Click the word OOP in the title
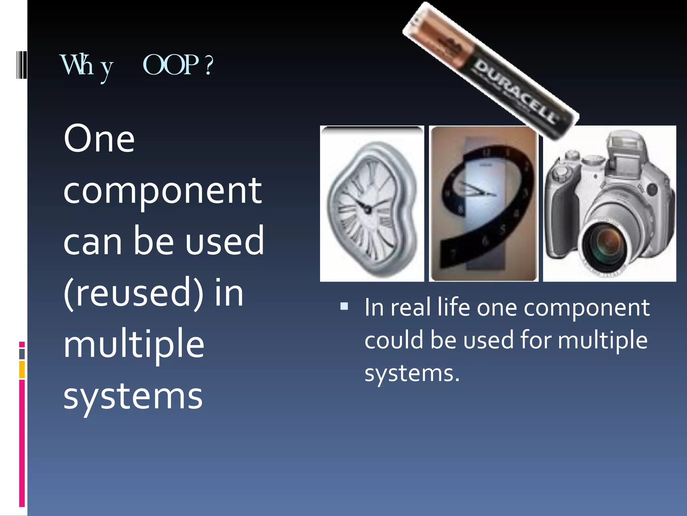click(171, 65)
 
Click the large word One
click(99, 138)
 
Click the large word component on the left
click(162, 191)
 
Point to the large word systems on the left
click(133, 396)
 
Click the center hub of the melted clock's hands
click(367, 210)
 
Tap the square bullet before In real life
click(344, 306)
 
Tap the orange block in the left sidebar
click(22, 370)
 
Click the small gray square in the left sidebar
click(22, 354)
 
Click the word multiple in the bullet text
click(602, 340)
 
